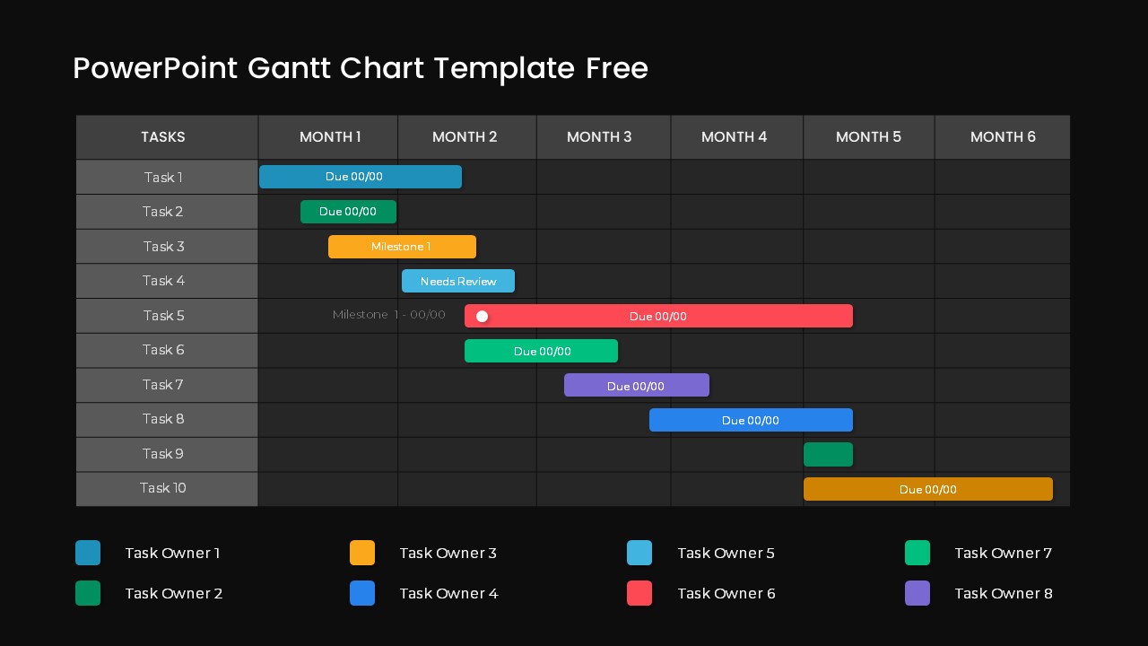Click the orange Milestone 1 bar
click(402, 247)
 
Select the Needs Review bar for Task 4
click(458, 281)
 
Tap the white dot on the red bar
click(482, 316)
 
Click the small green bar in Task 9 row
click(828, 454)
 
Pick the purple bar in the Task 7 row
click(636, 385)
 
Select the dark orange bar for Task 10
click(927, 489)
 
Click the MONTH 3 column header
click(599, 137)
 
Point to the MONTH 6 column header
click(1003, 137)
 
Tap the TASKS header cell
click(163, 137)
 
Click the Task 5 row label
click(163, 316)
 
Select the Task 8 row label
click(163, 419)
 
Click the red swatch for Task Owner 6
click(639, 593)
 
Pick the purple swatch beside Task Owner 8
click(918, 593)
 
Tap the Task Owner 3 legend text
click(448, 554)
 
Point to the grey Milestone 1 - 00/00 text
click(388, 315)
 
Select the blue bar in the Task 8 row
click(751, 420)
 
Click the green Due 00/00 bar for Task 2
click(348, 212)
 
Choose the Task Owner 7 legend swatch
click(918, 553)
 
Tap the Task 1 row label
click(163, 178)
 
